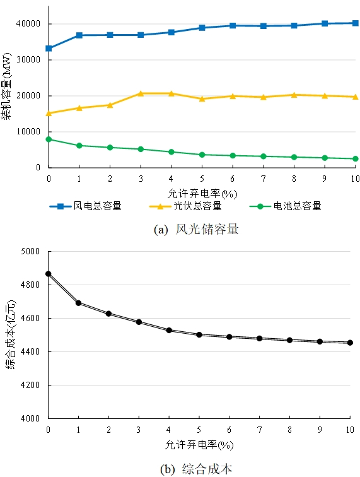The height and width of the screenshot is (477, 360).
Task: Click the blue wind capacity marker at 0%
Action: point(49,48)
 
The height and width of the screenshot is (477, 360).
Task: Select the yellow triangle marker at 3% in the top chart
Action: point(141,93)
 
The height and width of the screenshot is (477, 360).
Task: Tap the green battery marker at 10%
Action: point(355,159)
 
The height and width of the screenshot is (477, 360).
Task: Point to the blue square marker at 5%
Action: point(202,28)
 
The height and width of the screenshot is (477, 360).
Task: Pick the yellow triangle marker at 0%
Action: point(49,113)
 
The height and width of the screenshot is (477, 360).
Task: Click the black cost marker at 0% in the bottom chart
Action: point(49,274)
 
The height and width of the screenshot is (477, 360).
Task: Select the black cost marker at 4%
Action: point(170,330)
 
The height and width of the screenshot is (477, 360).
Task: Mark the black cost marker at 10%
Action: point(350,343)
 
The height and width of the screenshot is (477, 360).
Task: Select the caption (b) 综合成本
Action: point(197,469)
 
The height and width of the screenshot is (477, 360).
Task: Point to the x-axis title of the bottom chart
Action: point(200,445)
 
